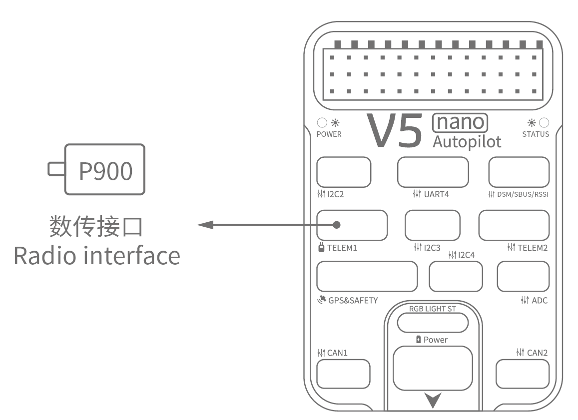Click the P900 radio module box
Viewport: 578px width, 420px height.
point(105,170)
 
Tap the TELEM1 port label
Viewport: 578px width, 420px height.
point(342,247)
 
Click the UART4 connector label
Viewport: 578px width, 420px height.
point(437,194)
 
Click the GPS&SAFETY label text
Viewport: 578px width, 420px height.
point(353,300)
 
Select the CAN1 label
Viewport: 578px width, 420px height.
point(337,353)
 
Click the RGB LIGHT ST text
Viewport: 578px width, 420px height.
point(432,309)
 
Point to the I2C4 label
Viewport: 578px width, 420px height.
point(466,255)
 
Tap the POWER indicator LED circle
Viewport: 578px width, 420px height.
point(322,122)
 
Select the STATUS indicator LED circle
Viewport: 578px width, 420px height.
point(544,122)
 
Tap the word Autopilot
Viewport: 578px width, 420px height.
point(467,141)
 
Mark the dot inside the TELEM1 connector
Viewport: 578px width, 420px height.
point(337,225)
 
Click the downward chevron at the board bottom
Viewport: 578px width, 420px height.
point(433,400)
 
